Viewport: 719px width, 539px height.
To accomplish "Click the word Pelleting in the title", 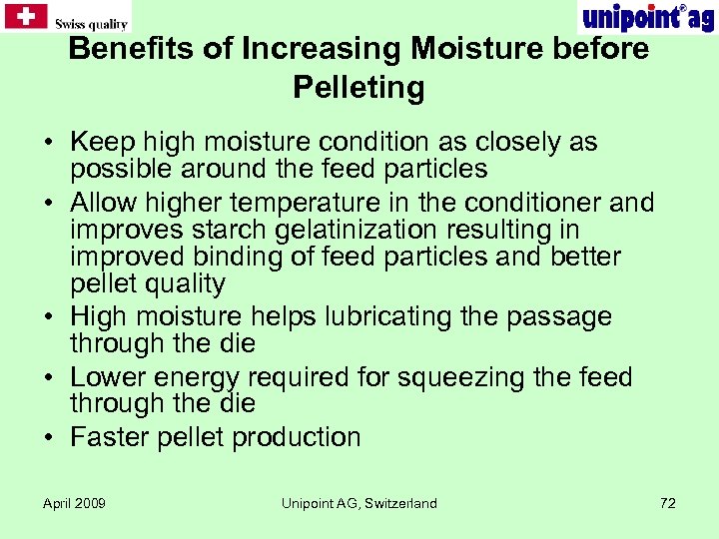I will click(359, 88).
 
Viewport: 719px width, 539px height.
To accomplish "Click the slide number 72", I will click(668, 503).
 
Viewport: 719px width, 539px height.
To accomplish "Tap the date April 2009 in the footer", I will click(74, 503).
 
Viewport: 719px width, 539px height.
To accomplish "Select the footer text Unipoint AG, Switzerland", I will click(359, 503).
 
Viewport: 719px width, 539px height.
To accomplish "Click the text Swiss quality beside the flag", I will click(91, 24).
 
